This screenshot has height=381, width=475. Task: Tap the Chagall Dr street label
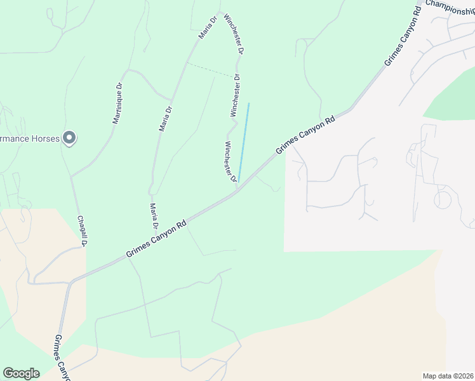[81, 231]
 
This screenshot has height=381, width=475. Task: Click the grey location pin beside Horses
[70, 138]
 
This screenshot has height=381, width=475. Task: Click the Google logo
[21, 373]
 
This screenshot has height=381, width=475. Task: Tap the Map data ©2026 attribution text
[447, 375]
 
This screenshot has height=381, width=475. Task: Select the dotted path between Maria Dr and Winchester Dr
[211, 70]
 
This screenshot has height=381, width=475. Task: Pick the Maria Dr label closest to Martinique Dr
[165, 118]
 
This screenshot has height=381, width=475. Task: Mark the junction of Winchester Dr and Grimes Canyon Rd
[237, 189]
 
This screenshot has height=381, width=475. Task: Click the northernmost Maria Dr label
[208, 28]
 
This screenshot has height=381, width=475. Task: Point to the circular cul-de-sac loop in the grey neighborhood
[443, 200]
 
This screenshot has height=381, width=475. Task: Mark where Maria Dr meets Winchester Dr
[220, 13]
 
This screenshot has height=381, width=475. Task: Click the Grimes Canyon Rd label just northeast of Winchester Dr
[305, 135]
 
